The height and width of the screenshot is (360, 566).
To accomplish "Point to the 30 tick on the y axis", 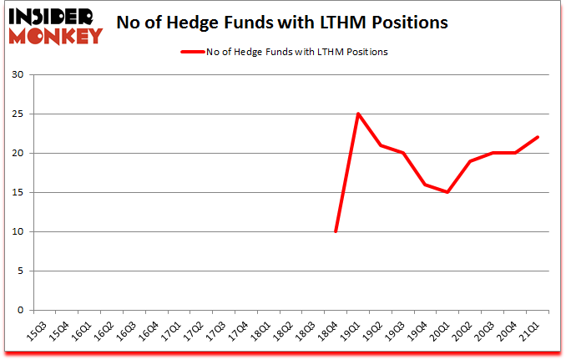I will click(x=18, y=75).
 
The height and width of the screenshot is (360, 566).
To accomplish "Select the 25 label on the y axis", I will click(x=18, y=114).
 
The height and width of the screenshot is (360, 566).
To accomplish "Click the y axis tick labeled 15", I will click(x=18, y=193).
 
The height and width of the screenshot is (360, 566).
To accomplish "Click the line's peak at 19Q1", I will click(x=358, y=114).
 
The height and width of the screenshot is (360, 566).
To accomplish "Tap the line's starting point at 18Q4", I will click(x=336, y=231).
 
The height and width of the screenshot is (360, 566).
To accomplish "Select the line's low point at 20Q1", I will click(x=448, y=192).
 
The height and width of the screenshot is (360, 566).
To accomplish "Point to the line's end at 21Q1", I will click(x=538, y=137).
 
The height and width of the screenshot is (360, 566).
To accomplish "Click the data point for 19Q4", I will click(x=426, y=185).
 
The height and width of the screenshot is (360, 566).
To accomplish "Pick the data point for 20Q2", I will click(x=471, y=161).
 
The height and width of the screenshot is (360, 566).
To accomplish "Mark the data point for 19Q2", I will click(x=381, y=145).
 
